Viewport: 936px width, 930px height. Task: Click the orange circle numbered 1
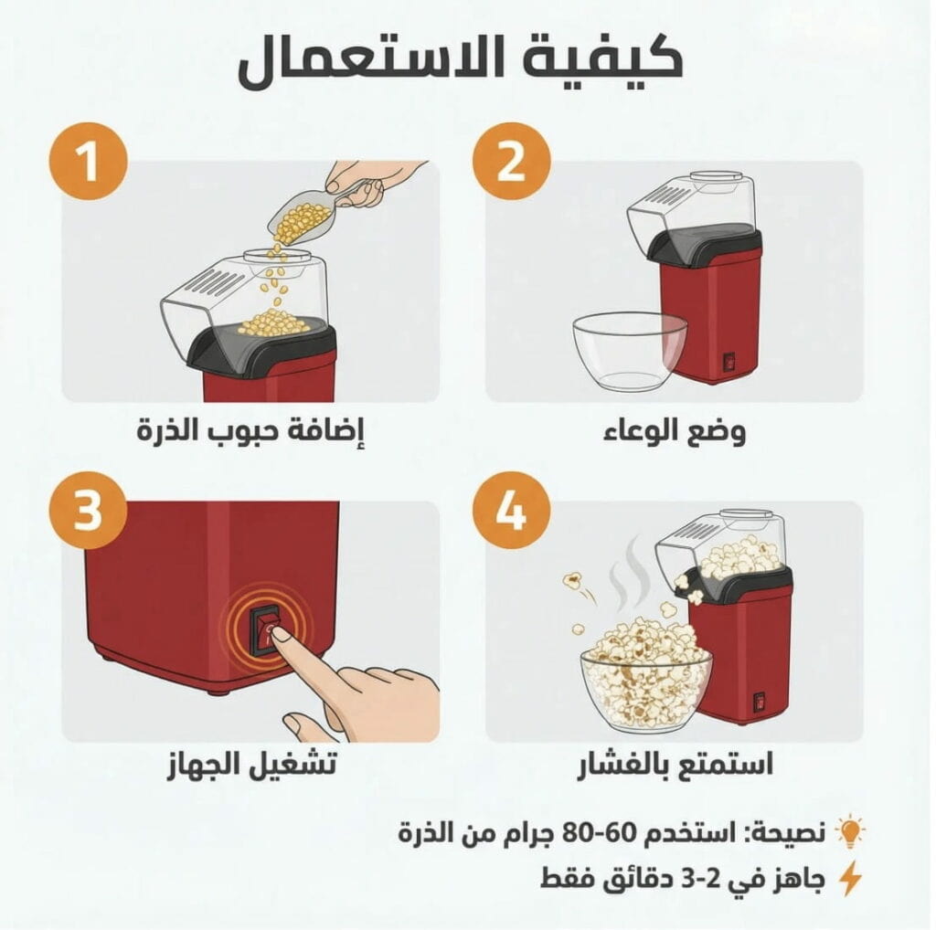pyautogui.click(x=89, y=161)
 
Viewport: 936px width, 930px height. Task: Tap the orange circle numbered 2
pyautogui.click(x=512, y=161)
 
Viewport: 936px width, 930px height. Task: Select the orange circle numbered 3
pyautogui.click(x=89, y=510)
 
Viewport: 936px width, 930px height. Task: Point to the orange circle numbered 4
pyautogui.click(x=512, y=510)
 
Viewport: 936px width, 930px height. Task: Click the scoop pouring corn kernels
pyautogui.click(x=311, y=215)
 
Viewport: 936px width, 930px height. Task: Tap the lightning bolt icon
pyautogui.click(x=850, y=878)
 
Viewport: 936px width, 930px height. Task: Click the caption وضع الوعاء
pyautogui.click(x=675, y=430)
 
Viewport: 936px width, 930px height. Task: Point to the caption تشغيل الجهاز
pyautogui.click(x=251, y=764)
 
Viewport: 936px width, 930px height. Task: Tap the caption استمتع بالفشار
pyautogui.click(x=675, y=764)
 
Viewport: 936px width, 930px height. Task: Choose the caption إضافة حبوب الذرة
pyautogui.click(x=250, y=429)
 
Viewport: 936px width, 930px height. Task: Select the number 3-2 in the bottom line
pyautogui.click(x=706, y=878)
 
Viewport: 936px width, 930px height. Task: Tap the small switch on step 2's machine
pyautogui.click(x=729, y=362)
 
